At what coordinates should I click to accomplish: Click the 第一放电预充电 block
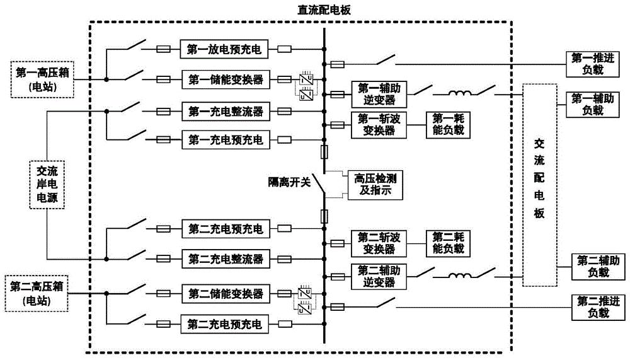tap(224, 48)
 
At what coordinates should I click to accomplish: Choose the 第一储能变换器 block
tap(224, 79)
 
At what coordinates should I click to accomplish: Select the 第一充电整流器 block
tap(224, 112)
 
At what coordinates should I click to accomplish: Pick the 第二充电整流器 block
tap(224, 258)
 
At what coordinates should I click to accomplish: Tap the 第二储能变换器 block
tap(224, 293)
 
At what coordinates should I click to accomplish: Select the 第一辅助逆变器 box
tap(376, 95)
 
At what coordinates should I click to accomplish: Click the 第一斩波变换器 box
tap(376, 124)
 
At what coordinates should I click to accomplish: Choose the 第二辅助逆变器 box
tap(376, 276)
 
